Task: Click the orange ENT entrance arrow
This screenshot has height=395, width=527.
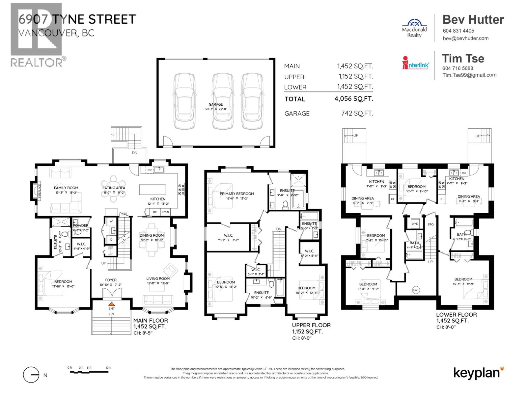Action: point(112,304)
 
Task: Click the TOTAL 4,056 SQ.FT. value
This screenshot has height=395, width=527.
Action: point(354,98)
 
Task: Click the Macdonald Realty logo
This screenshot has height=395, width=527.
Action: point(414,28)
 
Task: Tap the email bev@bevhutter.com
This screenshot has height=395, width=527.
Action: point(465,38)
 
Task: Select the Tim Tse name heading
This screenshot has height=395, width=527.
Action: point(463,59)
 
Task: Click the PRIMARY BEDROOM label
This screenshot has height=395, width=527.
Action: point(237,194)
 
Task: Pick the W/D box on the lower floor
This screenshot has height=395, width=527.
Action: point(415,224)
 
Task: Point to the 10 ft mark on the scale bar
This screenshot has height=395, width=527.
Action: point(108,368)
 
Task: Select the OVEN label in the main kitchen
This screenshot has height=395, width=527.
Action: point(165,212)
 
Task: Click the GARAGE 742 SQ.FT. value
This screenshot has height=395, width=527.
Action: point(357,114)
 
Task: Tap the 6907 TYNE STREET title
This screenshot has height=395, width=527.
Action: point(77,19)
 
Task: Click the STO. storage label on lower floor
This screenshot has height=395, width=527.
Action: point(431,224)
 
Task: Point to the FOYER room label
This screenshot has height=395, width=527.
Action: point(111,280)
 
